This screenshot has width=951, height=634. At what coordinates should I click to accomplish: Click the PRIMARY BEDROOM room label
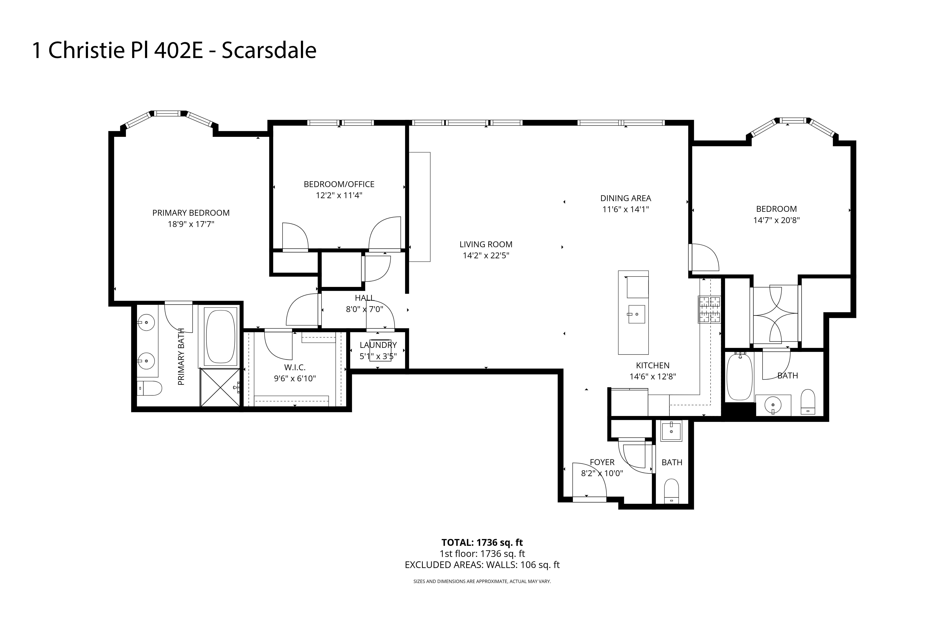tap(191, 213)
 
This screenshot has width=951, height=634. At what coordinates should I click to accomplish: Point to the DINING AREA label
tap(626, 198)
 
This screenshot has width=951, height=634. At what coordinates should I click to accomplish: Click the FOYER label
tap(602, 462)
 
